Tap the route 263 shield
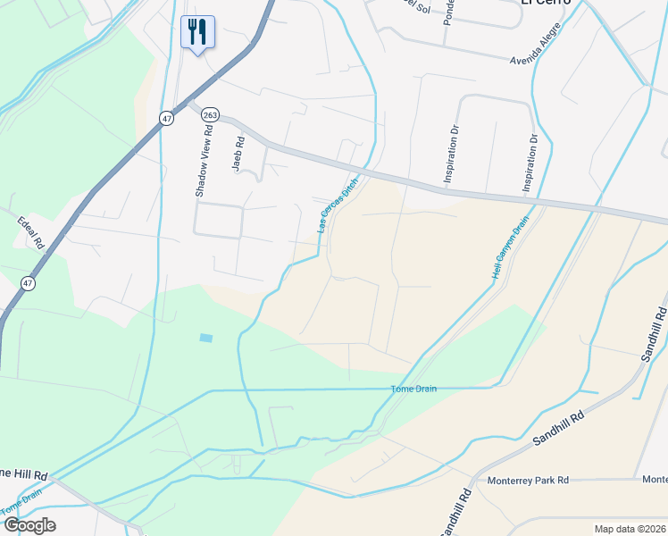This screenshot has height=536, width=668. (x=210, y=114)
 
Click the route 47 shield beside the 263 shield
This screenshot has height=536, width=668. (x=167, y=118)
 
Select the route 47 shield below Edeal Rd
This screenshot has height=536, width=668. (x=29, y=283)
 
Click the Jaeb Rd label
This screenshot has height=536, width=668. (x=238, y=154)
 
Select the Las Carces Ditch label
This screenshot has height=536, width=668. (x=338, y=205)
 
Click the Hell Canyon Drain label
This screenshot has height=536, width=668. (x=511, y=246)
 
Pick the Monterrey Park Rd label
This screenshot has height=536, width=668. (x=529, y=480)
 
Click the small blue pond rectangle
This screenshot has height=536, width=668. (x=207, y=338)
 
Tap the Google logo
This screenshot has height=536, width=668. (x=29, y=525)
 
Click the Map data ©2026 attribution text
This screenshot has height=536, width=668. (x=630, y=529)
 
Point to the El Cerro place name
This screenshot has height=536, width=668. (x=545, y=3)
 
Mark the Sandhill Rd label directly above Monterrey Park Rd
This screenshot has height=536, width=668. (x=558, y=429)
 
